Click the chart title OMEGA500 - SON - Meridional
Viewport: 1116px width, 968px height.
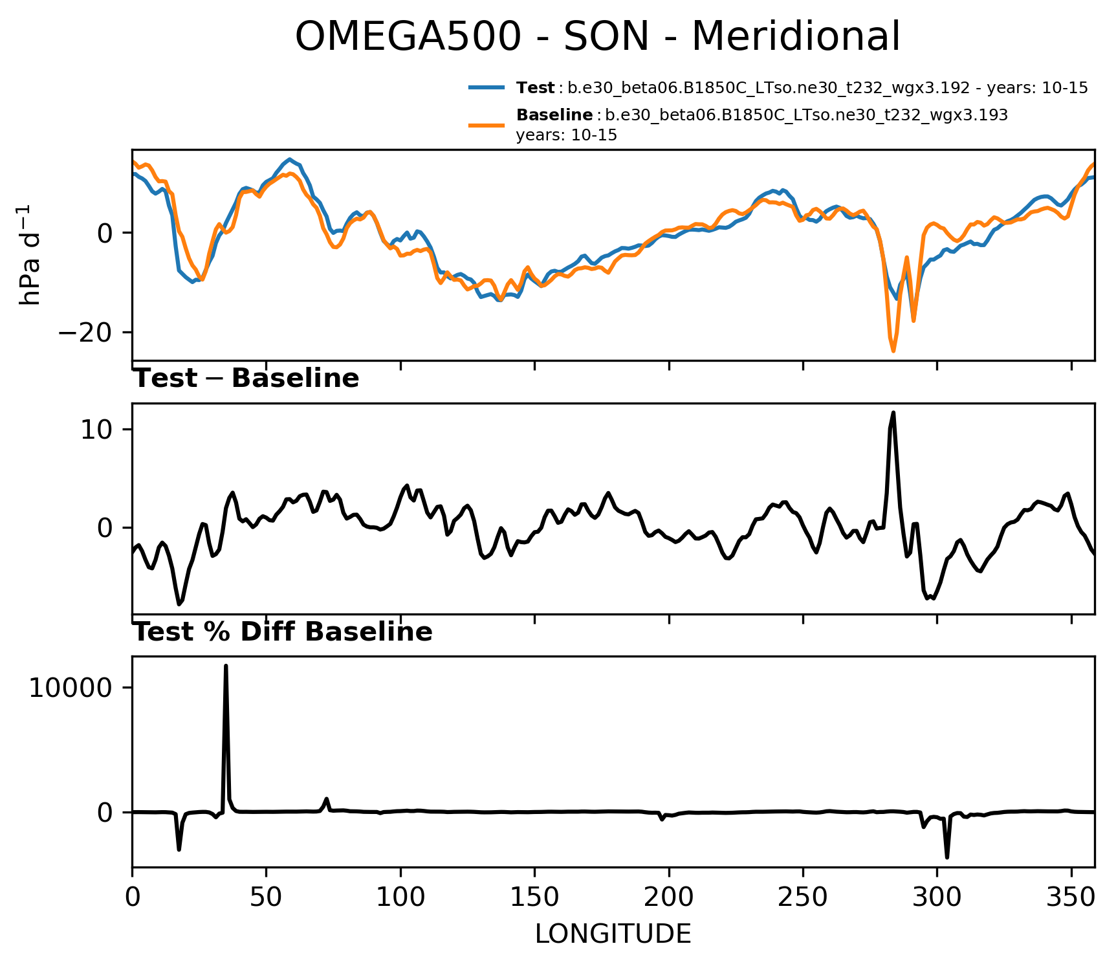tap(597, 36)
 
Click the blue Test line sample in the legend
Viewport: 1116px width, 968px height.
tap(487, 87)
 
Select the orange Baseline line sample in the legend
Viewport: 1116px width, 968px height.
tap(487, 124)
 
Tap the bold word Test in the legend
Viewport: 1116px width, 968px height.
tap(535, 88)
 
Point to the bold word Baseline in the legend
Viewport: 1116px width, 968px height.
tap(554, 116)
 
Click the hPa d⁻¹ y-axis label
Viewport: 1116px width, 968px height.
tap(30, 254)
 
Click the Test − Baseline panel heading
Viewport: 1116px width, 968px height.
tap(246, 379)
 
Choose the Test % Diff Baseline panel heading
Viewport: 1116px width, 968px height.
tap(283, 632)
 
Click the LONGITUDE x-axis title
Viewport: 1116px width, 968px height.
tap(613, 934)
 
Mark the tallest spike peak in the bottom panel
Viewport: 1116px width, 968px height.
tap(226, 666)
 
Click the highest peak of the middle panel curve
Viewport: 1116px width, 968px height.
tap(893, 412)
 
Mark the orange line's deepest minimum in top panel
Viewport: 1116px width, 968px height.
tap(893, 351)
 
